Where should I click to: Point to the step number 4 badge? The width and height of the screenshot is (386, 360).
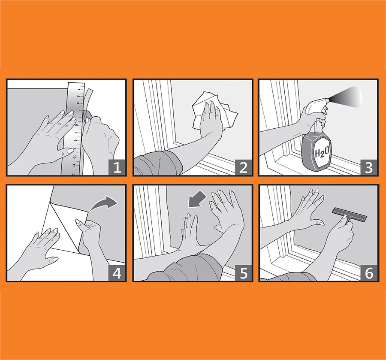tap(117, 273)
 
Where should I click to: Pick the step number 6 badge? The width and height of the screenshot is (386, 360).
tap(368, 273)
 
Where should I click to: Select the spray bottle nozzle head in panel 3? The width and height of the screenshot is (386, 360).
tap(316, 106)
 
